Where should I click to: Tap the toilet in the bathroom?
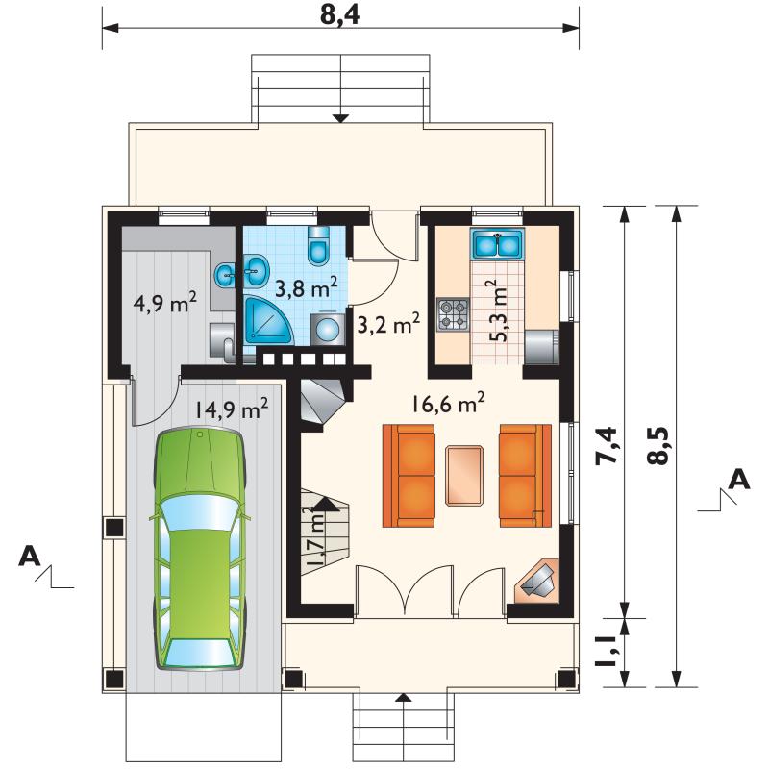click(319, 245)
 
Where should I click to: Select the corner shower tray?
click(268, 320)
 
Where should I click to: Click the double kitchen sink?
click(497, 244)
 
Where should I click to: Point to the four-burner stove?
click(453, 315)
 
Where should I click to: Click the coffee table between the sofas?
click(464, 475)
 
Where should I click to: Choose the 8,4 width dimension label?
click(340, 15)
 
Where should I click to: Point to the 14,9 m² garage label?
click(232, 409)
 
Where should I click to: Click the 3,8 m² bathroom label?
click(306, 287)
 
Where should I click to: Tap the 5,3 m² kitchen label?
click(501, 310)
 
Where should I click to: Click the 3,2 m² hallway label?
click(388, 324)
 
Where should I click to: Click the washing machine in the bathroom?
click(327, 330)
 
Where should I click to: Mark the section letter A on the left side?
click(30, 558)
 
